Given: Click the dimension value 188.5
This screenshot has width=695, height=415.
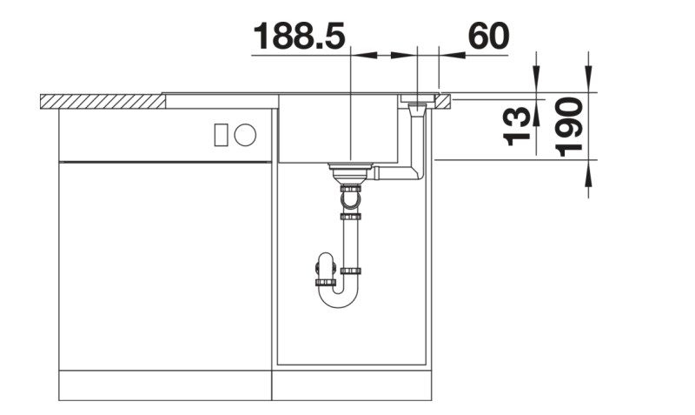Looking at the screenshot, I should click(300, 37).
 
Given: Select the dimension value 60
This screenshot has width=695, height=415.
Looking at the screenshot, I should click(487, 37).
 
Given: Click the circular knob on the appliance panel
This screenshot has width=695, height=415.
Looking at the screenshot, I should click(245, 135).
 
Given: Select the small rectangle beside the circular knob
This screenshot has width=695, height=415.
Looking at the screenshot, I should click(221, 135).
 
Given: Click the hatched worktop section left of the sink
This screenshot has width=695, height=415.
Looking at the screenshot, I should click(103, 102).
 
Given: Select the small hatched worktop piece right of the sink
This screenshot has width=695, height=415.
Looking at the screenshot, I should click(444, 102).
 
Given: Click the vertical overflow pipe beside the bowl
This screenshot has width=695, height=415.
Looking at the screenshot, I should click(418, 139).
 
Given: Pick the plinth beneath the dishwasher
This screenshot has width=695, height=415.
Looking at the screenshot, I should click(165, 386).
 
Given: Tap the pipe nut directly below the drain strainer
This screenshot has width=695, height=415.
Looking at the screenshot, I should click(351, 187).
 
